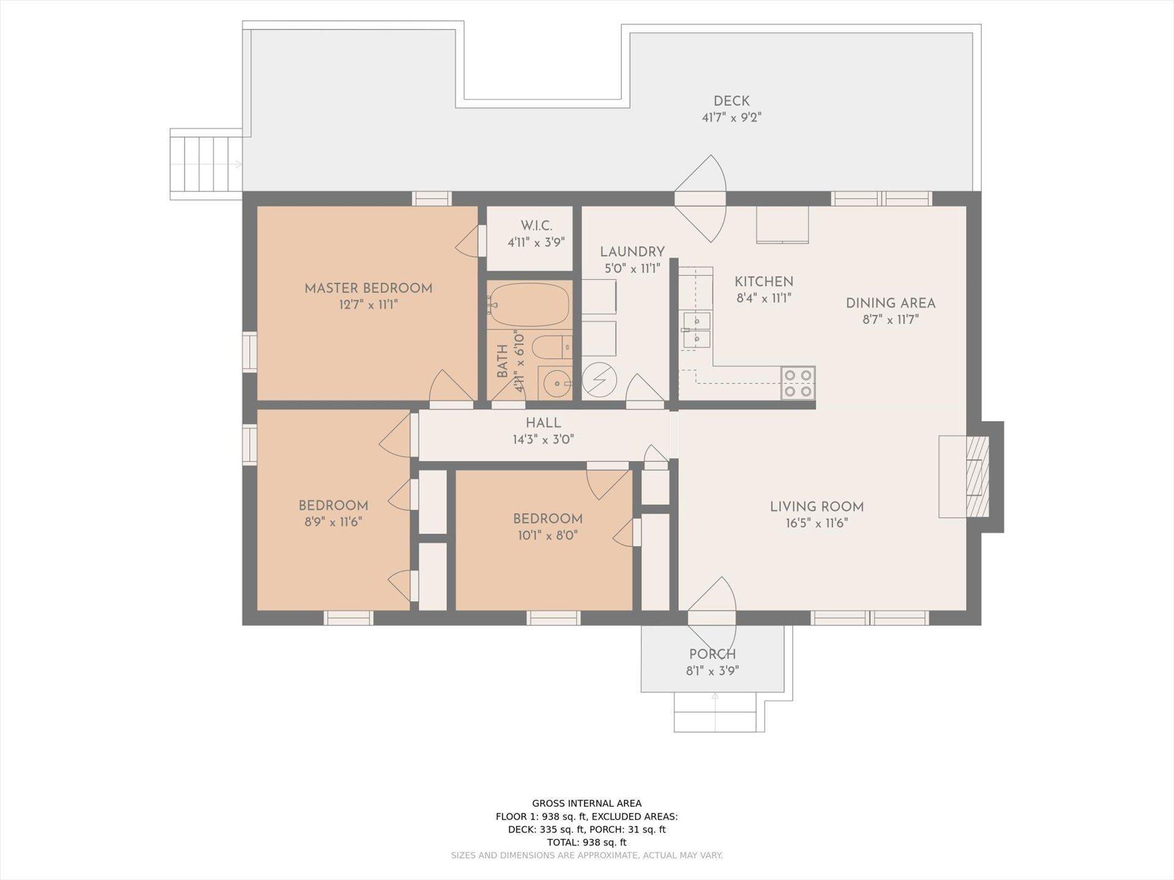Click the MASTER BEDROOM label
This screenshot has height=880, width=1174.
pos(368,288)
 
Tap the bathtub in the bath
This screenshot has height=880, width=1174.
pos(529,304)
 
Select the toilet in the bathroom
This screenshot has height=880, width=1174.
pos(552,347)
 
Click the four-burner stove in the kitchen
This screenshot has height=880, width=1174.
pos(798,383)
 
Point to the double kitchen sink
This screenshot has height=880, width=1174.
pos(696,329)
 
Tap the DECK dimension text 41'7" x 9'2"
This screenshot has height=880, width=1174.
pos(731,117)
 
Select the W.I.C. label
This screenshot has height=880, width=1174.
pos(536,226)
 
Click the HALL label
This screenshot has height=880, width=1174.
pos(543,423)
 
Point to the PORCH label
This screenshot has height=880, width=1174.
pos(712,654)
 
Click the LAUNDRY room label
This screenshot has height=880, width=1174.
pos(632,252)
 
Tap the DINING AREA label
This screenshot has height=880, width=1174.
pos(890,303)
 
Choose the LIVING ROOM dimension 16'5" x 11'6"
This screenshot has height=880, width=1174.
pos(817,523)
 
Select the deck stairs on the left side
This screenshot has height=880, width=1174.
pos(207,164)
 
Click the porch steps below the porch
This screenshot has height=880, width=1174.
pos(719,712)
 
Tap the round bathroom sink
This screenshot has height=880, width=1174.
pos(555,384)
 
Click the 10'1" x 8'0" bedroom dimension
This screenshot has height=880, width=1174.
pos(547,536)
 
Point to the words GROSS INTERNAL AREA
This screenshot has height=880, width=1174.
pos(586,804)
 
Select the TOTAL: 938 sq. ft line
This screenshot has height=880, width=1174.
pos(586,843)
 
